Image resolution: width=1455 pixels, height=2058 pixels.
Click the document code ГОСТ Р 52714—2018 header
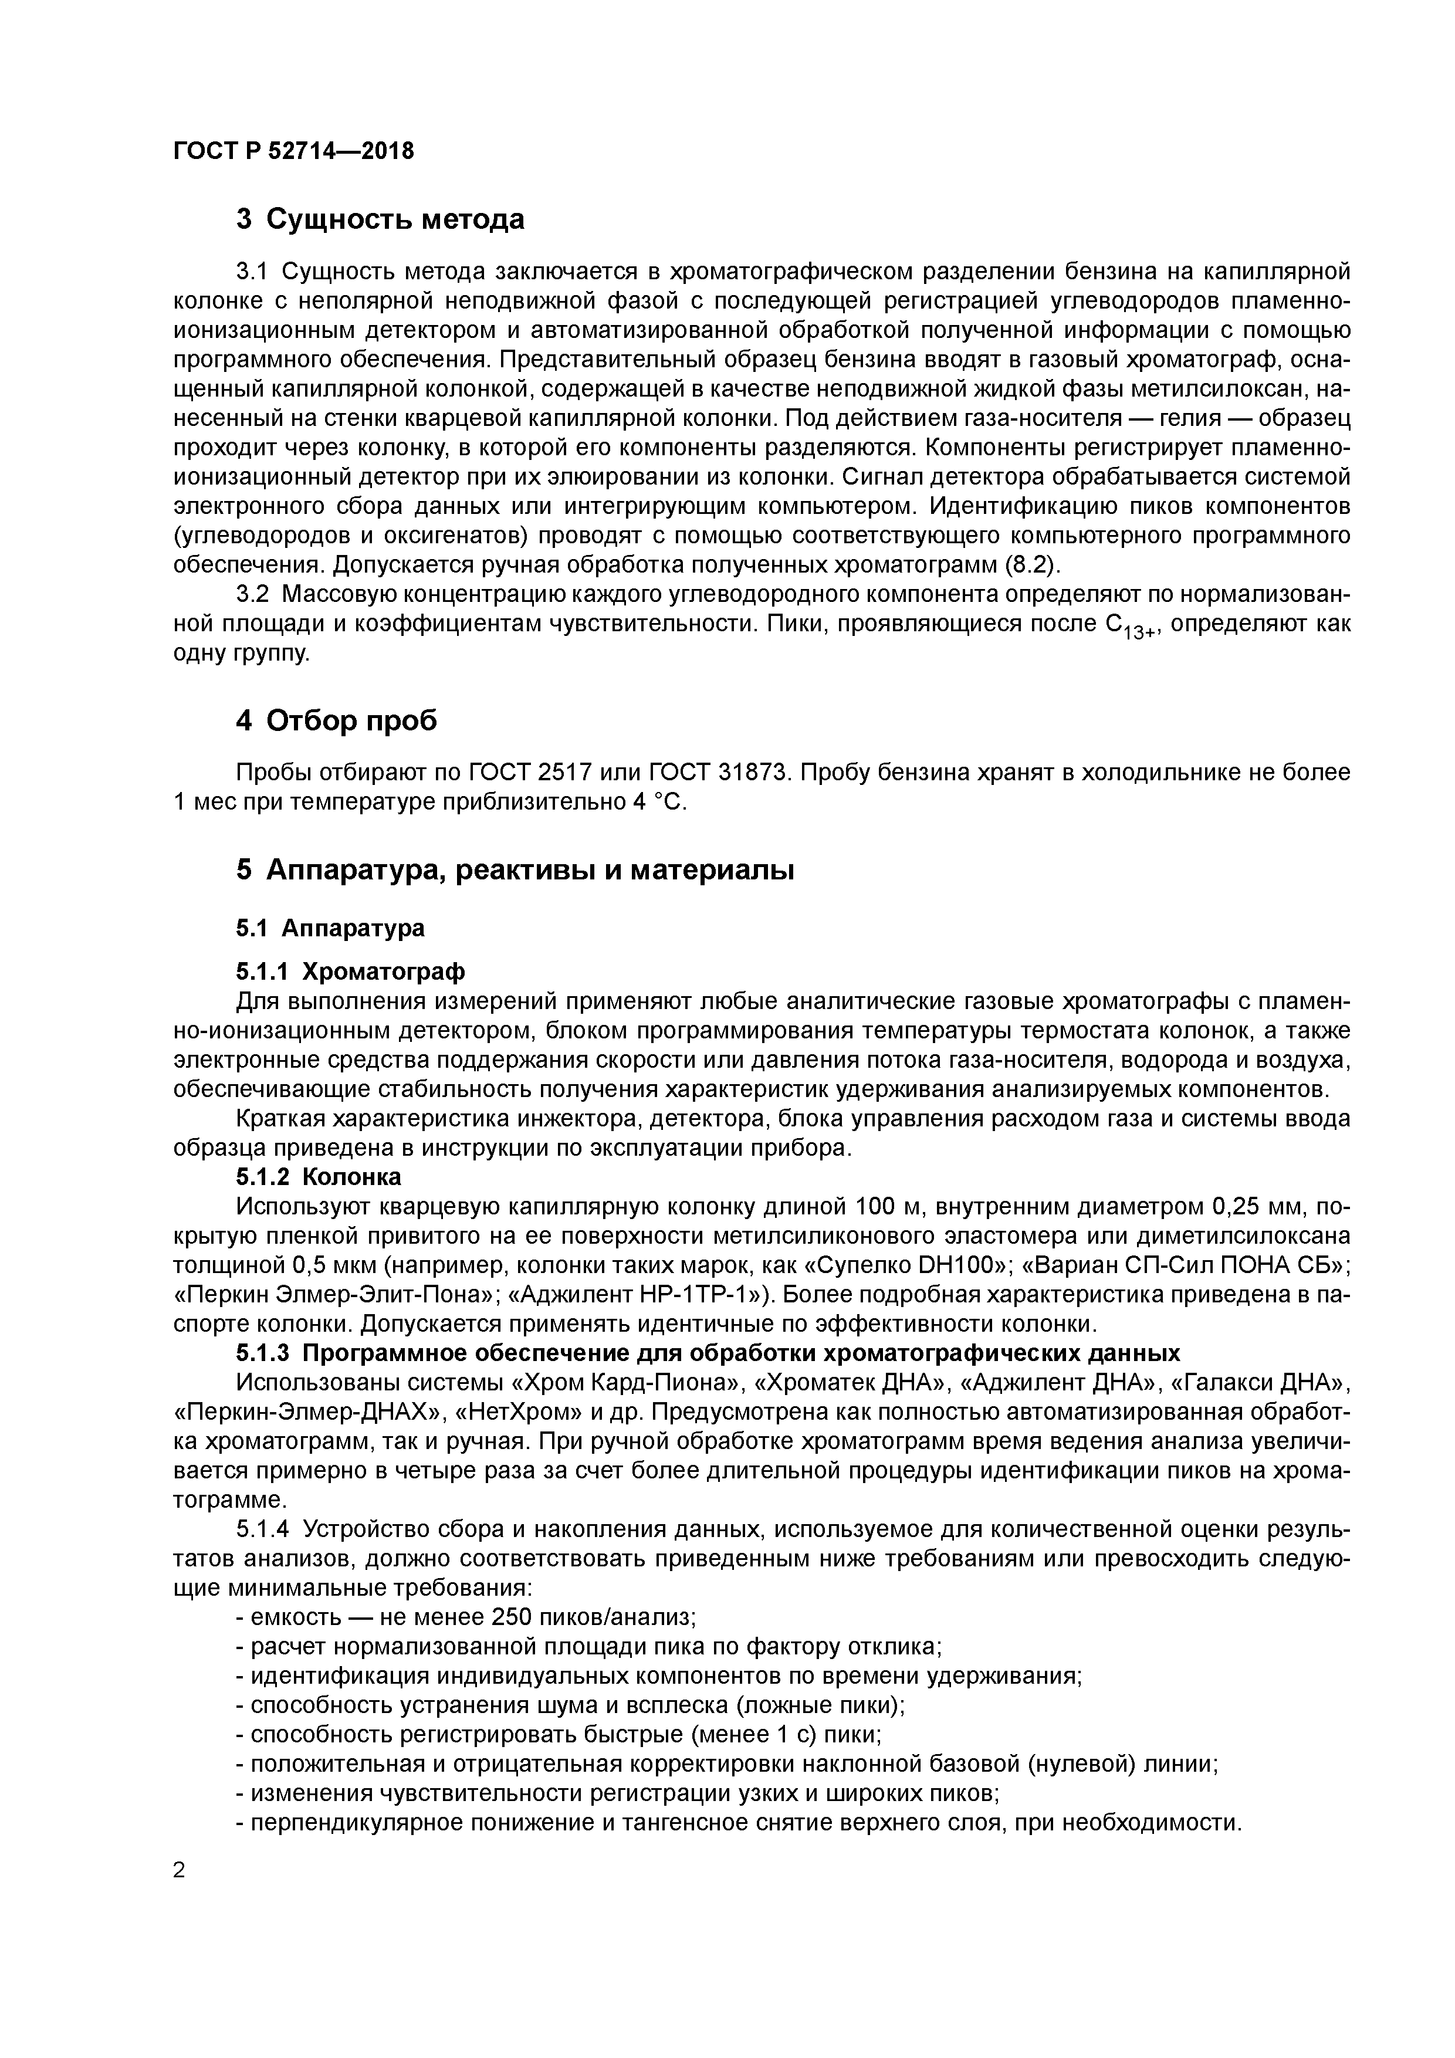click(x=293, y=151)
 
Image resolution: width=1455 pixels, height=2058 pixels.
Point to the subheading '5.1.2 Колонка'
click(x=318, y=1176)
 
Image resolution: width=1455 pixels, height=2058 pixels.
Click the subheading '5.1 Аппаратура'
click(x=330, y=928)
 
